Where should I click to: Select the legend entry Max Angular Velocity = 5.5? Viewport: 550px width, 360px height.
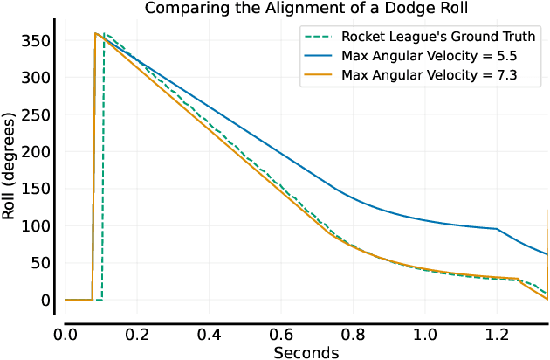click(436, 56)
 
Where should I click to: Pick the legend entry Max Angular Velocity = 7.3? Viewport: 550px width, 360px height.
click(436, 75)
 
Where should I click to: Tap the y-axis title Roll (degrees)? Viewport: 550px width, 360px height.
click(10, 169)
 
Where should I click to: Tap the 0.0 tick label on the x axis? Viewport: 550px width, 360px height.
click(65, 334)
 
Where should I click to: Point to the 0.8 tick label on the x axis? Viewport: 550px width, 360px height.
click(354, 334)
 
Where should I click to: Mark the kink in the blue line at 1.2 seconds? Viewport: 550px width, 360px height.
click(498, 229)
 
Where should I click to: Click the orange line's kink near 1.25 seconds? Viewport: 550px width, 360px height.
click(518, 279)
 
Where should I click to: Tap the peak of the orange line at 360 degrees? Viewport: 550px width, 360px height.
click(94, 33)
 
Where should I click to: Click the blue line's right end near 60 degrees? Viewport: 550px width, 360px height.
click(547, 254)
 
